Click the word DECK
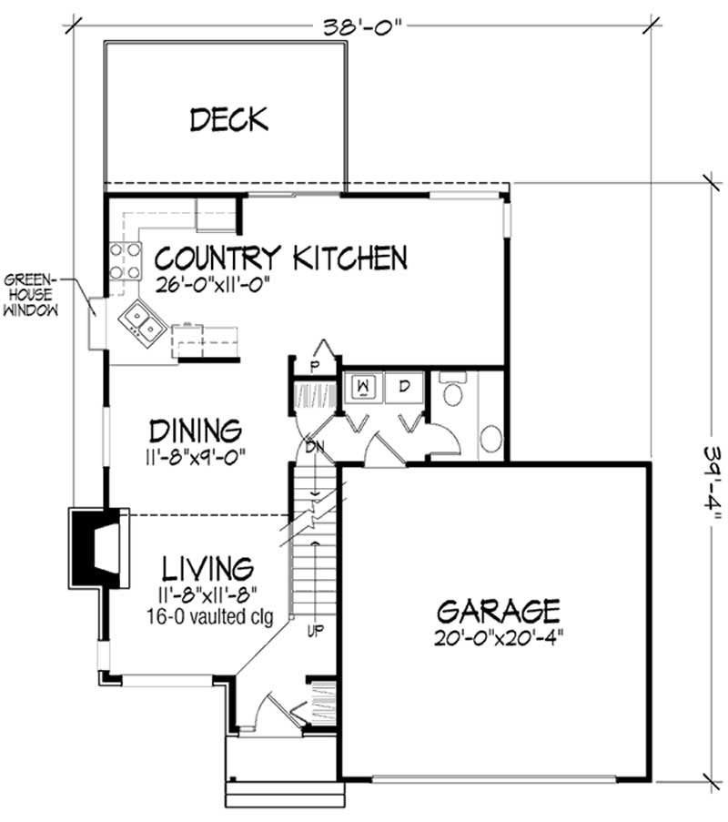click(x=228, y=118)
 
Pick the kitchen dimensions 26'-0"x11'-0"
click(x=214, y=283)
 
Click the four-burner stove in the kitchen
click(x=126, y=260)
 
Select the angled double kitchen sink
click(x=140, y=320)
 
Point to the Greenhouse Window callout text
click(x=31, y=294)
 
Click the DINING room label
click(x=196, y=430)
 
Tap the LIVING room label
click(x=207, y=570)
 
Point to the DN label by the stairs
click(x=314, y=447)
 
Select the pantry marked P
click(x=317, y=366)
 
